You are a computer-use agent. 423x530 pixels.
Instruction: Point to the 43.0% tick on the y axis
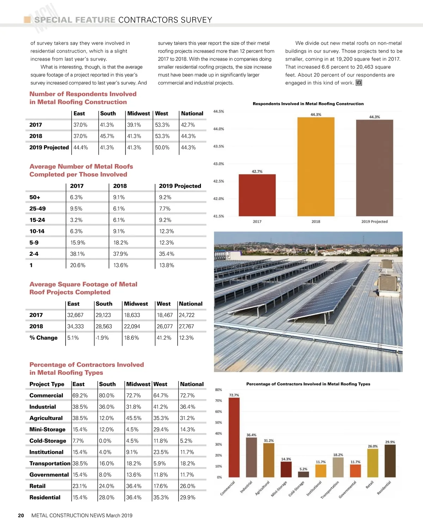point(219,164)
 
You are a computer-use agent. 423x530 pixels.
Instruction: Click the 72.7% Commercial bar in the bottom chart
point(234,437)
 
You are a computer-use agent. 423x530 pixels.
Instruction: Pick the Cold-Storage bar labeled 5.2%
point(304,474)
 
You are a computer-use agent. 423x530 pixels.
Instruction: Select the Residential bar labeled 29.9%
point(390,461)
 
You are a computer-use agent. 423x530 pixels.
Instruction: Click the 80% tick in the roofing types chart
point(219,390)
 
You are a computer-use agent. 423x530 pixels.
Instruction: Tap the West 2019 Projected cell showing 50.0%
point(162,148)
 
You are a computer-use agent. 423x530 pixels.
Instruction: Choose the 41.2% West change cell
point(164,338)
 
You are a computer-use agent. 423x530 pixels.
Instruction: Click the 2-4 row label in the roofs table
point(34,254)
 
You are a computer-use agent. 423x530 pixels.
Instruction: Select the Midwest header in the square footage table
point(136,304)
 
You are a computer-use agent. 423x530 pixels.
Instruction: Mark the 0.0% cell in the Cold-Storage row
point(105,441)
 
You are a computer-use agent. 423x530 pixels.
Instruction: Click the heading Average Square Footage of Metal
point(83,284)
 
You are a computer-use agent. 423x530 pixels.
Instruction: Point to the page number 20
point(21,516)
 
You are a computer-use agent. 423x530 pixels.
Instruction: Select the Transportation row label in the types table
point(50,463)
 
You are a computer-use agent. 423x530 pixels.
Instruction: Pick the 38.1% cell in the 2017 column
point(77,254)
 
